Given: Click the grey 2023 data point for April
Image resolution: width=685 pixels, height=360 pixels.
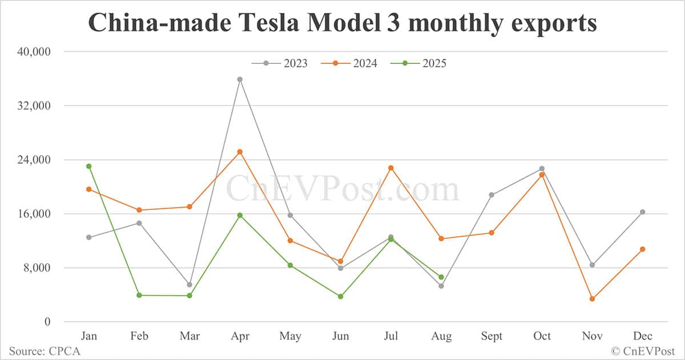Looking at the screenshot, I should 240,79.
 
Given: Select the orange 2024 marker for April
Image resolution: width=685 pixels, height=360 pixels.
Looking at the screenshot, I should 240,152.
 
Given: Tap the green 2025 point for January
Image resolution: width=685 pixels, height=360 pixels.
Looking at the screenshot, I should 89,166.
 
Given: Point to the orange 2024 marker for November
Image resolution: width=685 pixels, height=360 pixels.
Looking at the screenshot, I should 592,299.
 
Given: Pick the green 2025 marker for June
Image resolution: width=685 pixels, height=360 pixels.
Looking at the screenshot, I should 341,297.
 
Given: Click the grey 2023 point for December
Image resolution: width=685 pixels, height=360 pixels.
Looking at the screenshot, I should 642,212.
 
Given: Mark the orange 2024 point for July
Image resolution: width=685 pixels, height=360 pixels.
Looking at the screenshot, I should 391,168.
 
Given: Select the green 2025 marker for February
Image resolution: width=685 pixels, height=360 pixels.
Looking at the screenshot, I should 139,295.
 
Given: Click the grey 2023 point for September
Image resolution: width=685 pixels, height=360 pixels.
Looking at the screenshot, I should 491,195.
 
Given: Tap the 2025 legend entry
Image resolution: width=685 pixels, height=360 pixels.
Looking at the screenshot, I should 426,63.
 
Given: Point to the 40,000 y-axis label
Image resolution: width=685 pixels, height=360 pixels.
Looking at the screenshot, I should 34,52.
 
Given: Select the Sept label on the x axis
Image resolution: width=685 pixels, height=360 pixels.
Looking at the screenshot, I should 491,336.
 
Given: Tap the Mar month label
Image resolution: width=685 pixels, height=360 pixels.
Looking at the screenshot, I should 190,336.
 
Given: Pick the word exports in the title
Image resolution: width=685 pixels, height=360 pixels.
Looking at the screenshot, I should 550,24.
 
